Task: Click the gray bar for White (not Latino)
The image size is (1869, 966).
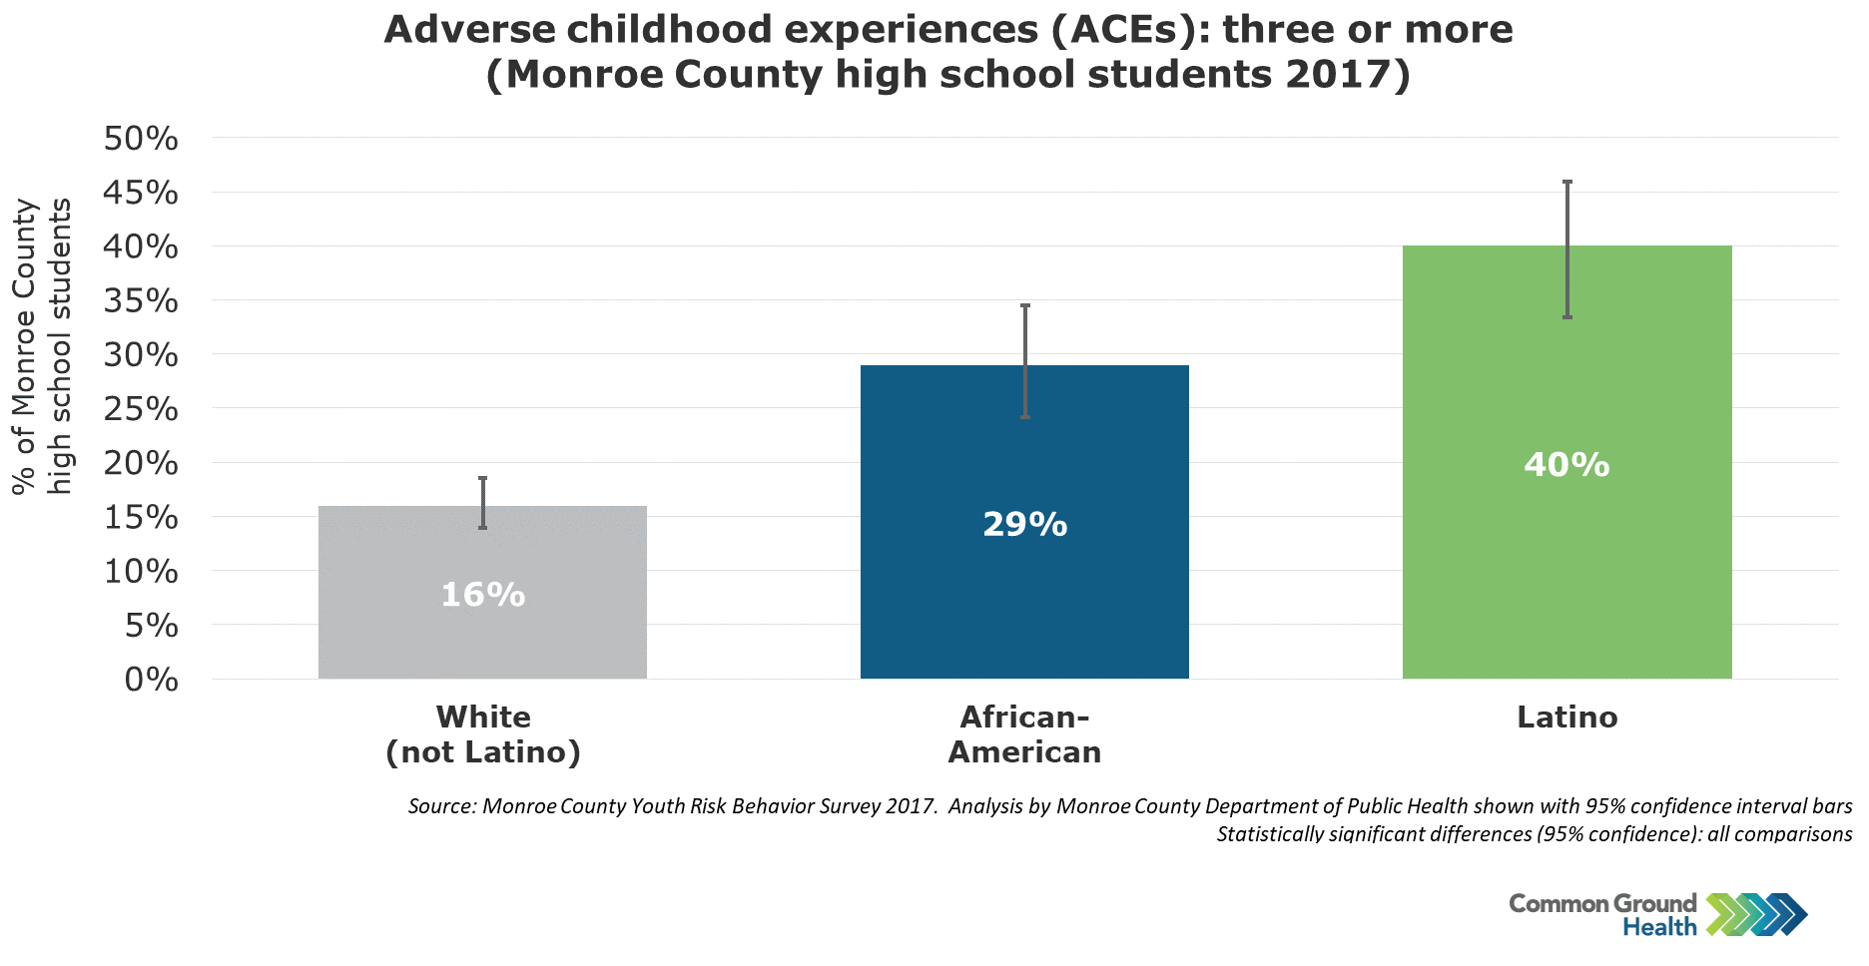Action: click(x=482, y=592)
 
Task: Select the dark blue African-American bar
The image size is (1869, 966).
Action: click(x=1024, y=522)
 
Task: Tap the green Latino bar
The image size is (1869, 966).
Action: click(x=1566, y=462)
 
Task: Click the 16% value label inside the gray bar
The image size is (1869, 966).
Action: click(x=483, y=595)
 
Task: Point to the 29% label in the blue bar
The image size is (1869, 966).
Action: click(x=1025, y=524)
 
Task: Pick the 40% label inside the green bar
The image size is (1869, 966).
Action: click(x=1566, y=464)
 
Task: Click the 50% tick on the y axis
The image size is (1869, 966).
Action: click(x=141, y=139)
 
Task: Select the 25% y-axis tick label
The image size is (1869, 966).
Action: click(x=141, y=409)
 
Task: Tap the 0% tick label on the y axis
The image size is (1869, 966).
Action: click(x=152, y=680)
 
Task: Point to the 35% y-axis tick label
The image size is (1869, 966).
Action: click(x=141, y=300)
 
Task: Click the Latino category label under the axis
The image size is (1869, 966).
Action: click(x=1567, y=717)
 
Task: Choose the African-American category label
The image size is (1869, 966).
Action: click(x=1024, y=733)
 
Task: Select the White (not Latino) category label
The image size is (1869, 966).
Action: click(x=483, y=733)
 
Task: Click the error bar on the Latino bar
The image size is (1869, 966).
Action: click(x=1567, y=249)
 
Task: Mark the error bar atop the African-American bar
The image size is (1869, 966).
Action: click(x=1025, y=361)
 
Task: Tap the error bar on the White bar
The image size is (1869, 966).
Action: click(x=483, y=503)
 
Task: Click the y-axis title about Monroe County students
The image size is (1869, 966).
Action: click(x=42, y=346)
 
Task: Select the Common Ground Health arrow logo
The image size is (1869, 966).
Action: click(x=1757, y=915)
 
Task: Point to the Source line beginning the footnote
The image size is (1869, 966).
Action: click(x=1130, y=805)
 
